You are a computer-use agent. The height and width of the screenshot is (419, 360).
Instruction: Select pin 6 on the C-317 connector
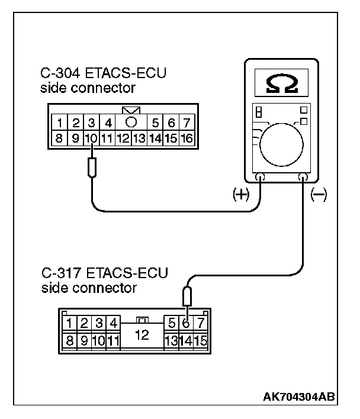click(186, 324)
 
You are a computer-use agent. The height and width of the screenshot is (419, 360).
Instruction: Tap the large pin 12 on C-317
click(142, 334)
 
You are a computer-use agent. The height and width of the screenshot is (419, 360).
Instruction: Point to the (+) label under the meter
click(242, 196)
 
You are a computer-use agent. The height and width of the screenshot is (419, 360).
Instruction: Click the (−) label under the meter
click(319, 196)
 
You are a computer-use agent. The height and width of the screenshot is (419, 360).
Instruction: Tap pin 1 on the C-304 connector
click(60, 124)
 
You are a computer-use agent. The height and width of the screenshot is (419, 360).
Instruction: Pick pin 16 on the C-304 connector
click(187, 139)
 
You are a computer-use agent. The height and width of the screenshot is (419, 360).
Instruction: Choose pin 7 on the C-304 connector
click(187, 124)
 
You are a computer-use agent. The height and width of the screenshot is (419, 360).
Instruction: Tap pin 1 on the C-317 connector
click(70, 324)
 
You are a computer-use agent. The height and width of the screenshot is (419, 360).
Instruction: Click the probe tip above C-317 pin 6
click(187, 294)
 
